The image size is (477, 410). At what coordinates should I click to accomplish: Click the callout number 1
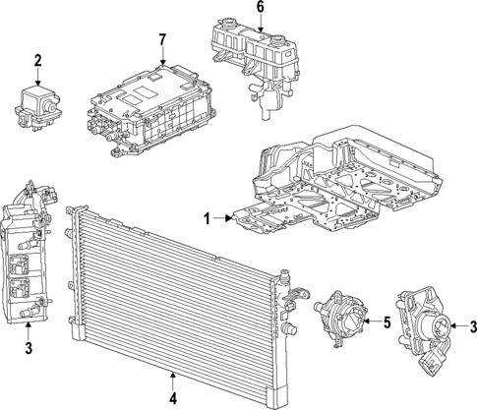tap(207, 218)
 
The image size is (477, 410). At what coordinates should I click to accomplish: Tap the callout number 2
tap(37, 61)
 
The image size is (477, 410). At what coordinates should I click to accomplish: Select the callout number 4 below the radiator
tap(173, 398)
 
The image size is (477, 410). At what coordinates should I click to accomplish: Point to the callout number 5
tap(388, 322)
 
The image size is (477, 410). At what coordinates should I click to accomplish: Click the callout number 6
tap(260, 7)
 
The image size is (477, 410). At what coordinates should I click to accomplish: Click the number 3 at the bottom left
tap(29, 348)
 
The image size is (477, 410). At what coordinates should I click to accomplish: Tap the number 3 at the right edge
tap(473, 326)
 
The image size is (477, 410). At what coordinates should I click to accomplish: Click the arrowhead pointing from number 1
tap(229, 218)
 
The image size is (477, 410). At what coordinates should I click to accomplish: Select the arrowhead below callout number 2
tap(37, 83)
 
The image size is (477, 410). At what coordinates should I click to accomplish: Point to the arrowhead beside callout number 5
tap(367, 322)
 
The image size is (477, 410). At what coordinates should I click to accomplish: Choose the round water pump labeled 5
tap(340, 317)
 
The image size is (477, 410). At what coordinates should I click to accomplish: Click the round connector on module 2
tap(50, 105)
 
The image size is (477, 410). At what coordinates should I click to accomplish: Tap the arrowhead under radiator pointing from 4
tap(173, 377)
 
